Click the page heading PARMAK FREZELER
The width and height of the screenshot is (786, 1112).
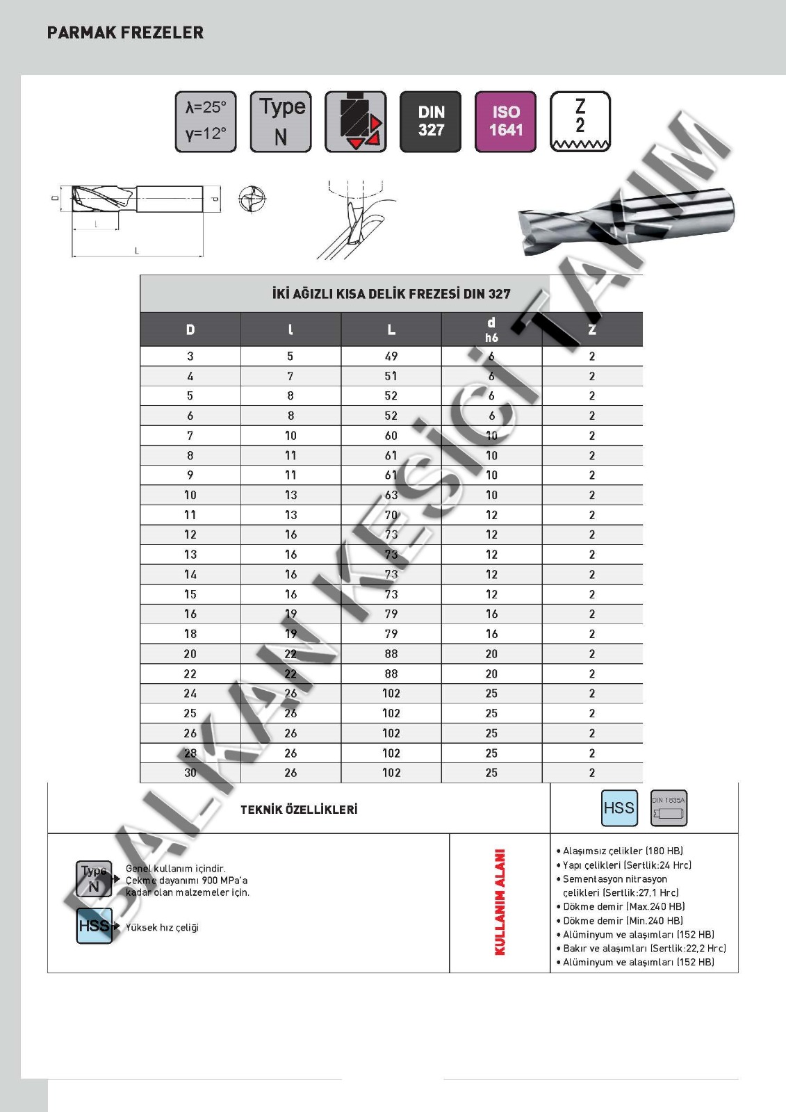125,33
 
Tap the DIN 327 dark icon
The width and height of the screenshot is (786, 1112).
430,122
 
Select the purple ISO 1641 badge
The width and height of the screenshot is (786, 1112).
505,122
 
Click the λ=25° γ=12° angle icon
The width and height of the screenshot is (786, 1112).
206,122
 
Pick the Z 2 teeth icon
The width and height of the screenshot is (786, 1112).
580,122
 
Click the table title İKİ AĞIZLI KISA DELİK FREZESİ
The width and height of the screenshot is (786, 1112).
391,294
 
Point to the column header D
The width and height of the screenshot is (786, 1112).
190,330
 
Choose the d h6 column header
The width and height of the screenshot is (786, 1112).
491,329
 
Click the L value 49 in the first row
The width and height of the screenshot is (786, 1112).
391,357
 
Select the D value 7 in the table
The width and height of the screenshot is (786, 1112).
190,436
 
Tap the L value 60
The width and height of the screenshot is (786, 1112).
391,436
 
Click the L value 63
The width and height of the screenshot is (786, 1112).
391,496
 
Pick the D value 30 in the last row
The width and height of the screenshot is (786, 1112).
190,773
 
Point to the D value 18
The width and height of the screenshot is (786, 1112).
190,634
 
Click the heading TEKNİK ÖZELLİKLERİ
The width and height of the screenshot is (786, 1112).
299,810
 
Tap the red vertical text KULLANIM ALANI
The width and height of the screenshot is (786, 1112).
500,902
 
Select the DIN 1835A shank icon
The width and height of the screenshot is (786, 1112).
669,808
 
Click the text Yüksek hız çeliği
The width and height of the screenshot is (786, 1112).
162,928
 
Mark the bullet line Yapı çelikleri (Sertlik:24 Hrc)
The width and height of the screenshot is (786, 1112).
627,865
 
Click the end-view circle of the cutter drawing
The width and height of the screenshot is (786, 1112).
252,199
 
